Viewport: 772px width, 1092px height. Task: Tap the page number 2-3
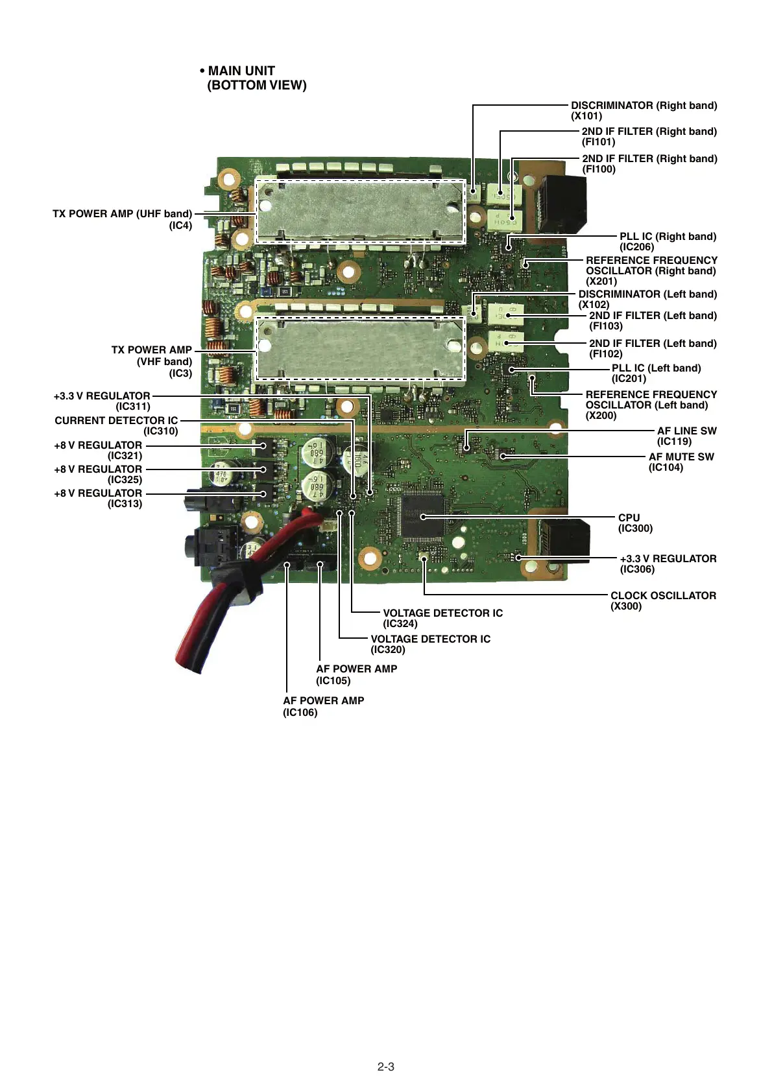[x=385, y=1067]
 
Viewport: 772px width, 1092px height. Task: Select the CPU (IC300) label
[x=635, y=523]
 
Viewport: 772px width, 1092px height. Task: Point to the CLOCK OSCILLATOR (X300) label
[x=662, y=600]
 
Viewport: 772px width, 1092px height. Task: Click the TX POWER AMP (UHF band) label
[x=123, y=219]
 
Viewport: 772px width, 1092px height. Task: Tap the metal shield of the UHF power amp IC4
[x=361, y=211]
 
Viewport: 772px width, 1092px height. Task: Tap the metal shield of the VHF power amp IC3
[x=361, y=349]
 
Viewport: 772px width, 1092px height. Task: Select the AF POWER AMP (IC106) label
[x=323, y=706]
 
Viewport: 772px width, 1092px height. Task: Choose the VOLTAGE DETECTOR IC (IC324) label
[x=442, y=618]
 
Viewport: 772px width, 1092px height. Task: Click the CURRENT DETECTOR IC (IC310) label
[x=116, y=425]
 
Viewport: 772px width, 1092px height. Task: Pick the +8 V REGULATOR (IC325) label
[x=98, y=474]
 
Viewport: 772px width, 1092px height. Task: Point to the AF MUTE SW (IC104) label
[x=681, y=462]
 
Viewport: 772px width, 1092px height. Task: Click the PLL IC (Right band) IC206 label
[x=668, y=241]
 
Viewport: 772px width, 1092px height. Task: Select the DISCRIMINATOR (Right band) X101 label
[x=644, y=110]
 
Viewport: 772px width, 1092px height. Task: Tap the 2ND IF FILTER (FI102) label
[x=652, y=348]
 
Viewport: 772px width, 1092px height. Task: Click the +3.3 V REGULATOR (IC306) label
[x=668, y=564]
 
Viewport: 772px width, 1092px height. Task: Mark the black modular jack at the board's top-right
[x=562, y=203]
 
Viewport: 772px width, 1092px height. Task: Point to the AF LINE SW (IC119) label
[x=686, y=436]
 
